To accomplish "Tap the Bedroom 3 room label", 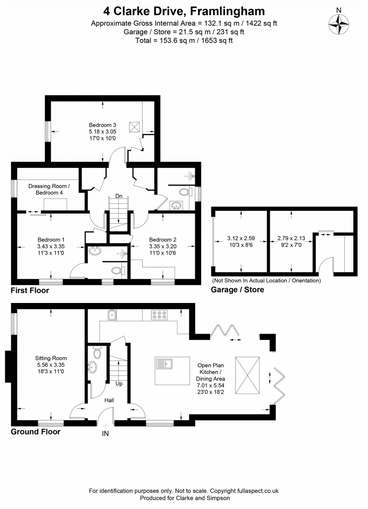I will (102, 125).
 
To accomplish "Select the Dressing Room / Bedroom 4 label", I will (49, 189).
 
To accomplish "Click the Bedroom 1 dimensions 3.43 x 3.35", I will (51, 246).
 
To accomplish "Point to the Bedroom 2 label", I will (163, 239).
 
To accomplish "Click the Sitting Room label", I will (51, 358).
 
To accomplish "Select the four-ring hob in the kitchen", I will (160, 315).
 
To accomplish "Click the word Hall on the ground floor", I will (109, 400).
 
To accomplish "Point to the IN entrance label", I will (105, 434).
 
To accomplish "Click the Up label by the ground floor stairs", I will (119, 384).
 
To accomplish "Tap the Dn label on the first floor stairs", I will (119, 196).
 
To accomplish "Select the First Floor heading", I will (30, 290).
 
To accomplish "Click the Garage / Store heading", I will (237, 290).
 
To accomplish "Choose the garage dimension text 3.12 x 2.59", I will (241, 238).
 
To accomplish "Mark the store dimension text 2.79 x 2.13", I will (291, 238).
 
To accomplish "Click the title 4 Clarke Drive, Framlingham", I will (184, 11).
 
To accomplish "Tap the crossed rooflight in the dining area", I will (247, 375).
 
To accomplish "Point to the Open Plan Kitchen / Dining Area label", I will (211, 372).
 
